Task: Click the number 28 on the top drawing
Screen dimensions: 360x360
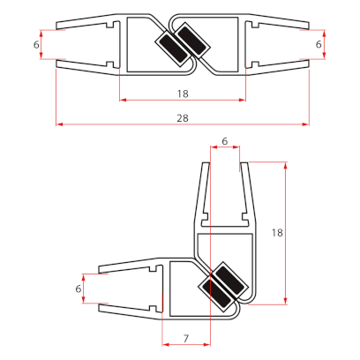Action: point(182,116)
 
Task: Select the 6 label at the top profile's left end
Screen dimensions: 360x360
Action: point(36,44)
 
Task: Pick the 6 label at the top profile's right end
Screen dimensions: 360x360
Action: point(319,44)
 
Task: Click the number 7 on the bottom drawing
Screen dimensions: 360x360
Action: point(185,339)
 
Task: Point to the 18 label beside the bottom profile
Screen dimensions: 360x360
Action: point(277,233)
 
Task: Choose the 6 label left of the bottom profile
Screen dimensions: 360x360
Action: point(79,289)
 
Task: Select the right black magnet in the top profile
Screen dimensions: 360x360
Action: point(191,44)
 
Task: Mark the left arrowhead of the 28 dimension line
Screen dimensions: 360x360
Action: point(59,124)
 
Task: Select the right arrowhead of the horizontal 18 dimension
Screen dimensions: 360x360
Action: point(242,100)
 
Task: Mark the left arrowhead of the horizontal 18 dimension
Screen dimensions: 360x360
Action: point(122,100)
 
